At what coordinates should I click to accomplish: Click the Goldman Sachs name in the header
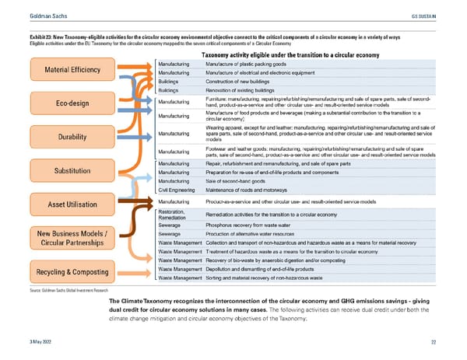tap(28, 16)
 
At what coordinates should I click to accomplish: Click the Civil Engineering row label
tap(175, 189)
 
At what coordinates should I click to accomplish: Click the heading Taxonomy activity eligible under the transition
tap(290, 54)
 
